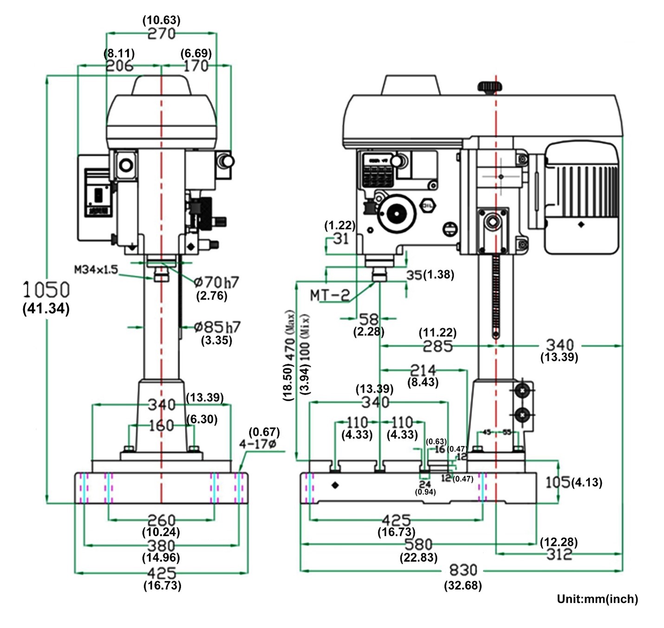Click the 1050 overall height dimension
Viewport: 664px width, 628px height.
click(x=46, y=289)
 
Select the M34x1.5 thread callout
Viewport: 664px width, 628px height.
click(x=96, y=269)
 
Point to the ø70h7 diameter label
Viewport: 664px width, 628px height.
click(x=216, y=282)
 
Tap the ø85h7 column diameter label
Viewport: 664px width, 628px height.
click(x=217, y=327)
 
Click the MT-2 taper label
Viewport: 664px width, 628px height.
click(x=329, y=295)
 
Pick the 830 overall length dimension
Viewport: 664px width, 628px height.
click(x=463, y=569)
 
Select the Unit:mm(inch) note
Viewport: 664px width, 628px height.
click(x=597, y=599)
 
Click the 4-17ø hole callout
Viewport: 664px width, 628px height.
click(x=257, y=444)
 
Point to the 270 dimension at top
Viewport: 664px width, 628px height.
click(x=162, y=33)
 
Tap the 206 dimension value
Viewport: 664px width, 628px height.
click(x=119, y=65)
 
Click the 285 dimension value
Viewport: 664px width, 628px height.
click(x=437, y=346)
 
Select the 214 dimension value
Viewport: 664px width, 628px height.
click(x=423, y=370)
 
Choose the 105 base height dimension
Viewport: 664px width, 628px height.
click(x=557, y=482)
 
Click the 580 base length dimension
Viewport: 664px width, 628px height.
click(x=418, y=544)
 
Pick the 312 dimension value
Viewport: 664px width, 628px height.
click(x=559, y=554)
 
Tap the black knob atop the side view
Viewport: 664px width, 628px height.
click(x=490, y=86)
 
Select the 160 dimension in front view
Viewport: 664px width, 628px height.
click(x=161, y=425)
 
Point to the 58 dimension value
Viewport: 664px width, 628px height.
click(x=369, y=319)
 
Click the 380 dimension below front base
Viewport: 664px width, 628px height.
click(x=161, y=545)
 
